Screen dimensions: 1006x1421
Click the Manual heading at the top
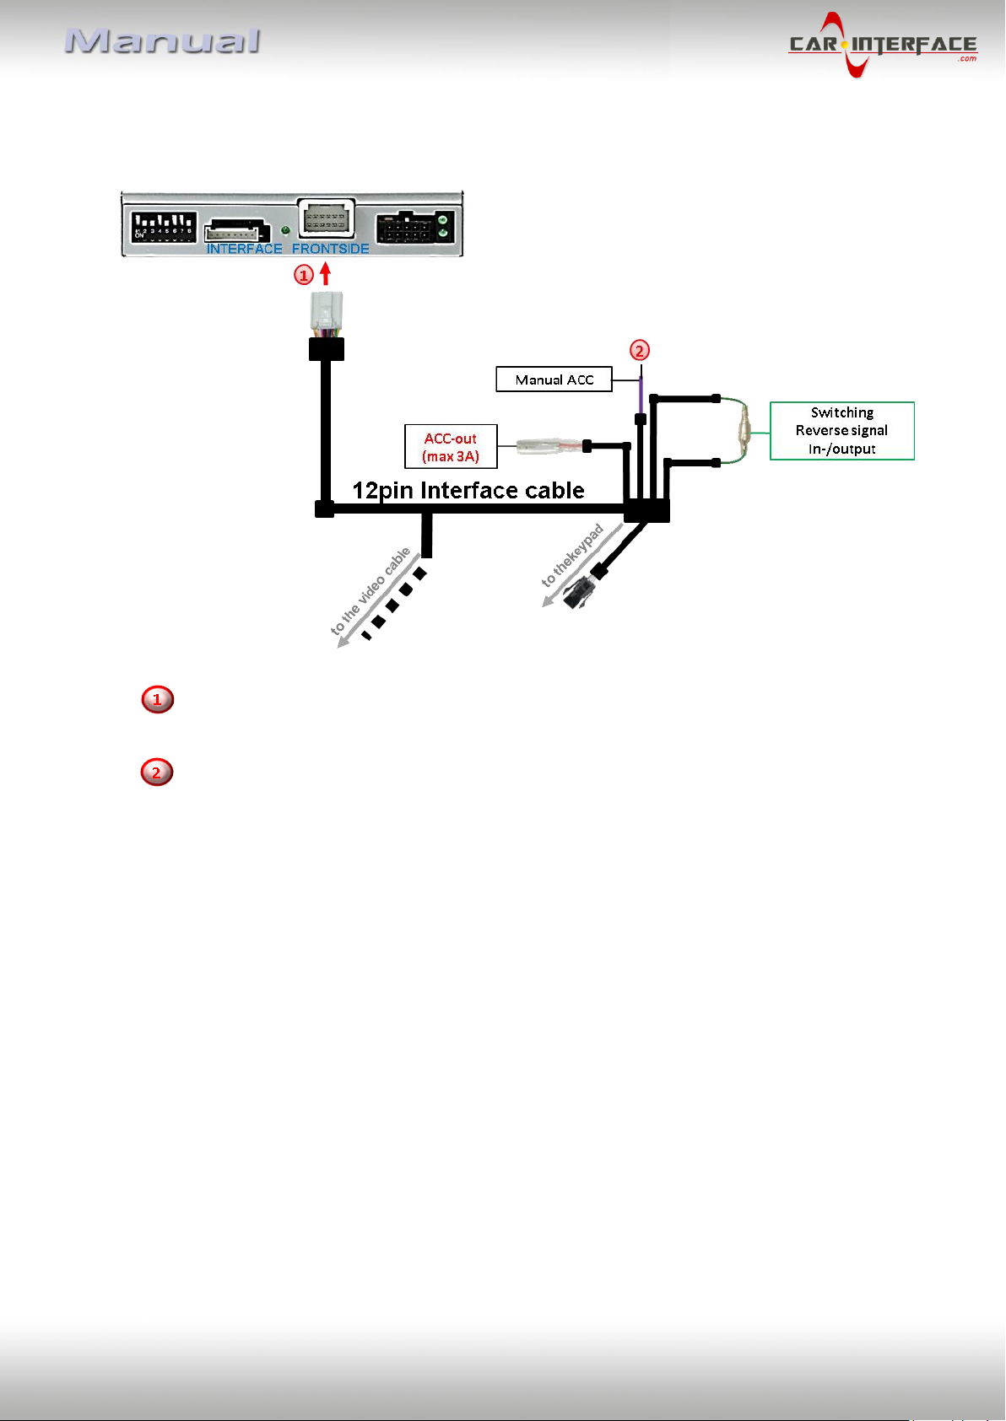(162, 41)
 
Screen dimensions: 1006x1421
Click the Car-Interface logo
(882, 45)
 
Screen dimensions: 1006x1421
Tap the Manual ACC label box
(554, 379)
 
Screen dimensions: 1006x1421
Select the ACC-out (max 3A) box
(451, 447)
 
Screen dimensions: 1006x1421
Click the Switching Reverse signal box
(841, 431)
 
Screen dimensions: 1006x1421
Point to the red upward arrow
(325, 273)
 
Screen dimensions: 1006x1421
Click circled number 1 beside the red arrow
(303, 275)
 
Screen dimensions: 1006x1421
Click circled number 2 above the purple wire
(639, 350)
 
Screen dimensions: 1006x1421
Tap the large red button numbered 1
(158, 699)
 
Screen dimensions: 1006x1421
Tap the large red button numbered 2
(157, 772)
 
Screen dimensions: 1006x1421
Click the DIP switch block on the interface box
(164, 227)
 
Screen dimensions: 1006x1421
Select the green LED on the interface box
(285, 230)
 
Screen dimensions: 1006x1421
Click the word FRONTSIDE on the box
(331, 249)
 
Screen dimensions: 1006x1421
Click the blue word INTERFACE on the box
(245, 249)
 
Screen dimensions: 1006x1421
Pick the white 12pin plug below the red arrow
(327, 312)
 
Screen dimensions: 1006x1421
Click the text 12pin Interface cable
(468, 490)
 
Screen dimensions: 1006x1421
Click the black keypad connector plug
(580, 593)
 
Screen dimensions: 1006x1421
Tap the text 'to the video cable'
(370, 591)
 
